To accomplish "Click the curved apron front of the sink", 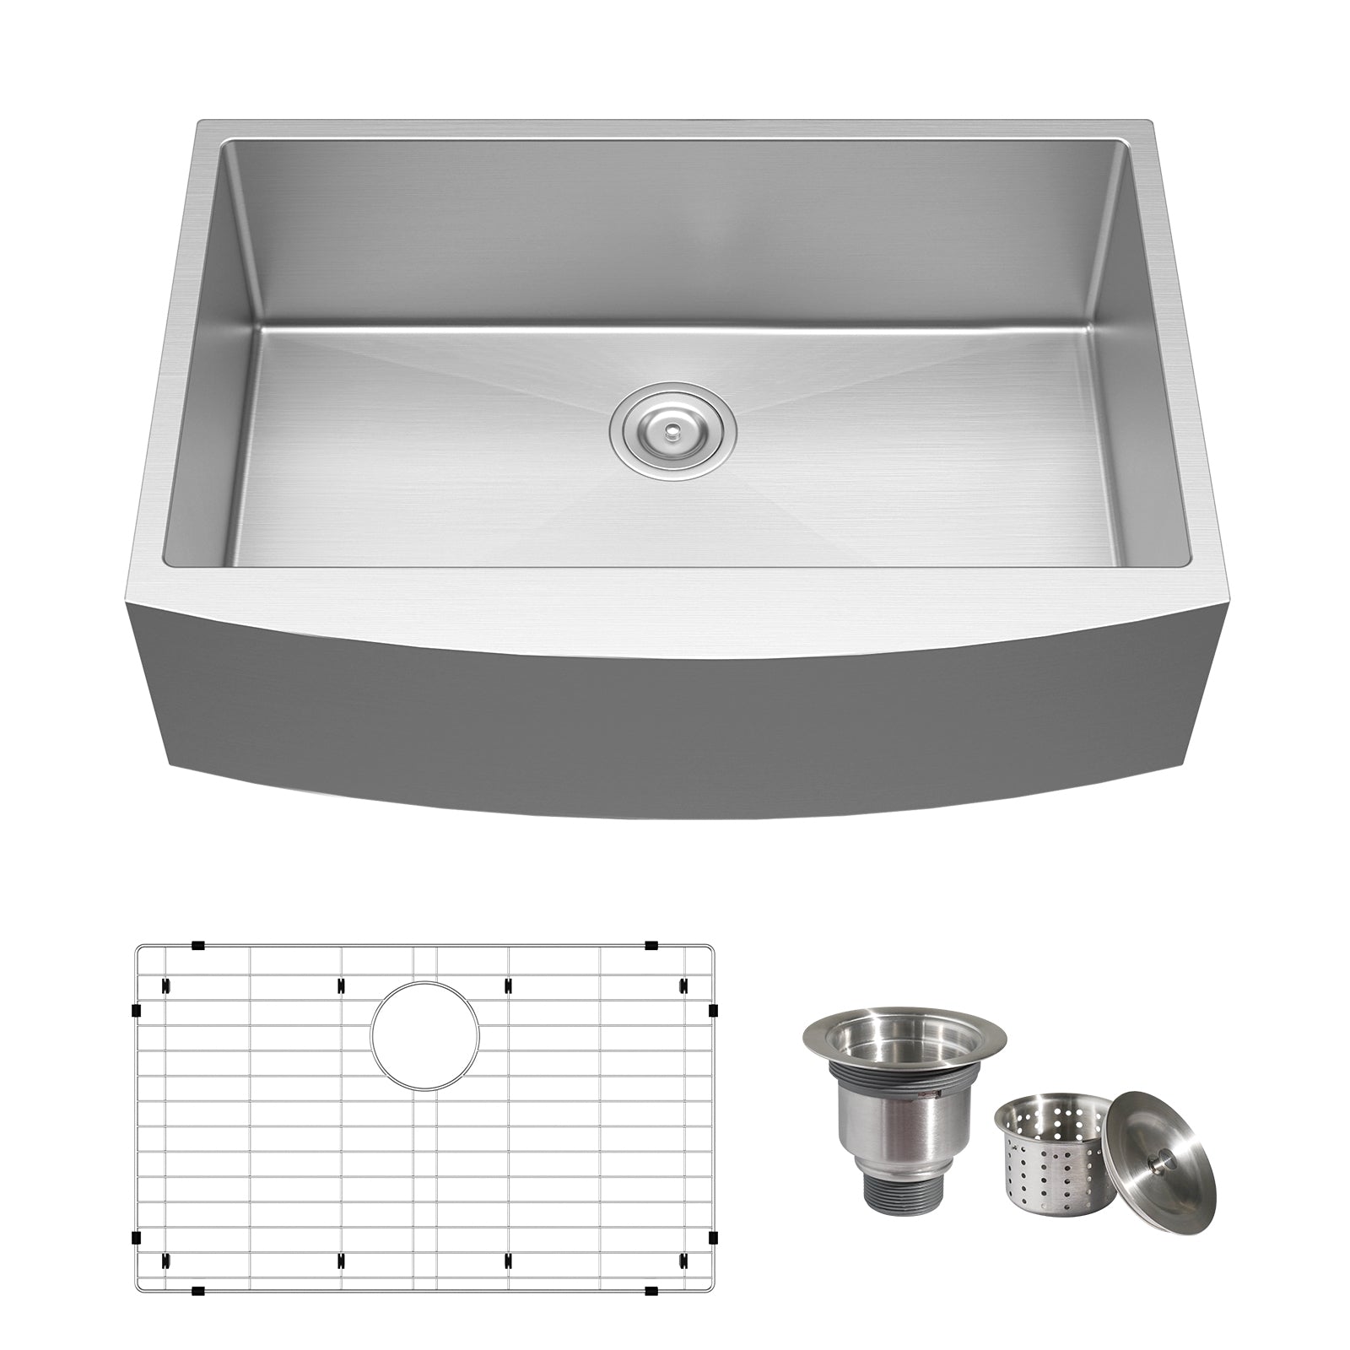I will click(x=675, y=717).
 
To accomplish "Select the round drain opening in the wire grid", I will click(x=425, y=1033).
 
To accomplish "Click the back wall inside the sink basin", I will click(x=675, y=228).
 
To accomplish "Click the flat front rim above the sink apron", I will click(x=675, y=591).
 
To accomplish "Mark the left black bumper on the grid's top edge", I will click(x=197, y=945).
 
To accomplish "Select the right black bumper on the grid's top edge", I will click(x=651, y=945).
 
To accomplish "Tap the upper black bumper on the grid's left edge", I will click(x=136, y=1009).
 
